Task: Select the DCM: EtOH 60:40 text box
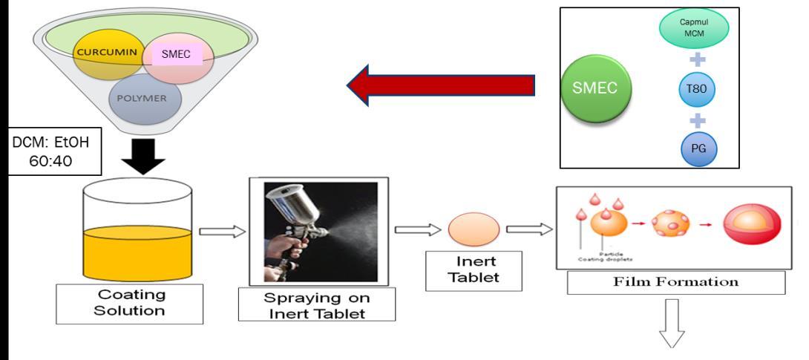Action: click(42, 152)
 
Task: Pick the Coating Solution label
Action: click(130, 304)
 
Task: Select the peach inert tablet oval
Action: click(474, 229)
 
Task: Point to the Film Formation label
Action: click(675, 282)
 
